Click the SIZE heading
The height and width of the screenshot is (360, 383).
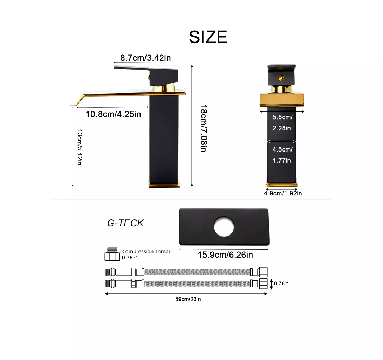(208, 37)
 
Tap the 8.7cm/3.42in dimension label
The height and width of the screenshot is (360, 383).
(145, 58)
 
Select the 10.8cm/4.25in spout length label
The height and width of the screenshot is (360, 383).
(113, 114)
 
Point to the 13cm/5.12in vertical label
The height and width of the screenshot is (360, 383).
(80, 147)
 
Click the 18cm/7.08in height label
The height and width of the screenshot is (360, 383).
(204, 128)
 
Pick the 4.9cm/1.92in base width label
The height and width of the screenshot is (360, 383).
(283, 193)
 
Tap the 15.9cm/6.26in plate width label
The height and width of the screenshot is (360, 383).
(225, 255)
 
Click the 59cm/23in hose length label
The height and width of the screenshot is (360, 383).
(188, 299)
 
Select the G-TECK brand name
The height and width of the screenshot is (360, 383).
(125, 223)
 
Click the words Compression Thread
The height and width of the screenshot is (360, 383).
(147, 251)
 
